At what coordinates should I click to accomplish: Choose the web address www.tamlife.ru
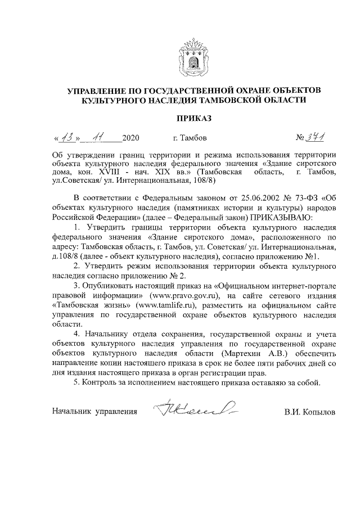point(171,305)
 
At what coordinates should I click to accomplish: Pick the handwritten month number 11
point(98,137)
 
